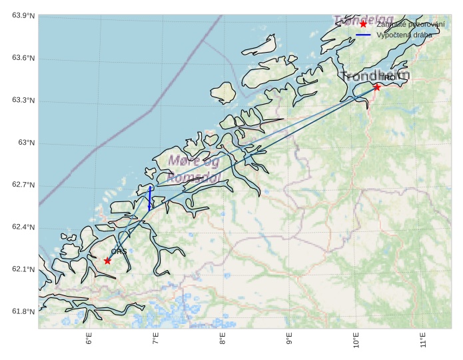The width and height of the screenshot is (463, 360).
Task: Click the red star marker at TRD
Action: coord(377,87)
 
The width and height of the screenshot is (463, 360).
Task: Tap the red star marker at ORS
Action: coord(107,261)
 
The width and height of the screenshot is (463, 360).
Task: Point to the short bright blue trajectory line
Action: coord(150,198)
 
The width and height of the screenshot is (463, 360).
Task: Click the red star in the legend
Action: coord(363,24)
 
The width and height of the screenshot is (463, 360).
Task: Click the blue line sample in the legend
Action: coord(363,35)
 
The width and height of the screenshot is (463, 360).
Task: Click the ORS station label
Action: coord(119,251)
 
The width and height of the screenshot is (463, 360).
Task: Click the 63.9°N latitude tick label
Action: coord(23,16)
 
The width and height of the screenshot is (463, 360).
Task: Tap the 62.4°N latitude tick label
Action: coord(23,227)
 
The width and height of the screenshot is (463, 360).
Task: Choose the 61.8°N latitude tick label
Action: coord(23,312)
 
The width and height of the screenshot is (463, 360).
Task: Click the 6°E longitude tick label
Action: coord(89,341)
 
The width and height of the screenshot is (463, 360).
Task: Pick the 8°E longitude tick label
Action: coord(223,341)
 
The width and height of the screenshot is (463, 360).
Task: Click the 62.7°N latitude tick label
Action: coord(23,185)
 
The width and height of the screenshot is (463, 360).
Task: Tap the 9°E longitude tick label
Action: coord(290,341)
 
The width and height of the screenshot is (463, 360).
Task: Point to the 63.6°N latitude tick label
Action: coord(23,59)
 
